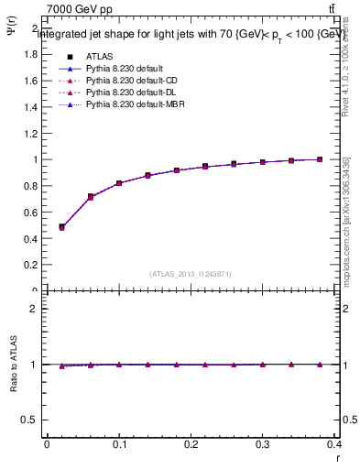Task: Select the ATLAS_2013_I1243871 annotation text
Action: (x=191, y=274)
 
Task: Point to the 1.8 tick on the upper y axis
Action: (x=31, y=54)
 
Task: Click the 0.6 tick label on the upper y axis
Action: (x=31, y=213)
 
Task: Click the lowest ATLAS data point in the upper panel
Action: (x=61, y=226)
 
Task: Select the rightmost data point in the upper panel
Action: (x=320, y=159)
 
